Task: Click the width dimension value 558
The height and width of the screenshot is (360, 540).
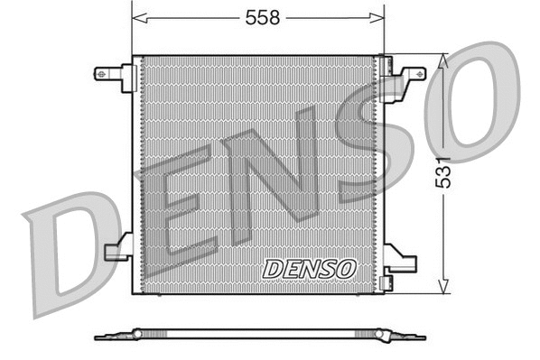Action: [259, 17]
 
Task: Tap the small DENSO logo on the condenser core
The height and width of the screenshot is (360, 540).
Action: [310, 268]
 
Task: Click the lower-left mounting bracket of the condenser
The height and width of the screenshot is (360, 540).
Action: [118, 249]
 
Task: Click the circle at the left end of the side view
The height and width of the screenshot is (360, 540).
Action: [137, 334]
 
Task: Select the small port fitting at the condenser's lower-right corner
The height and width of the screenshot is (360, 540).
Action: [386, 282]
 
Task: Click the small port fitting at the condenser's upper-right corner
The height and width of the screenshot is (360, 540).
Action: [386, 65]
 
